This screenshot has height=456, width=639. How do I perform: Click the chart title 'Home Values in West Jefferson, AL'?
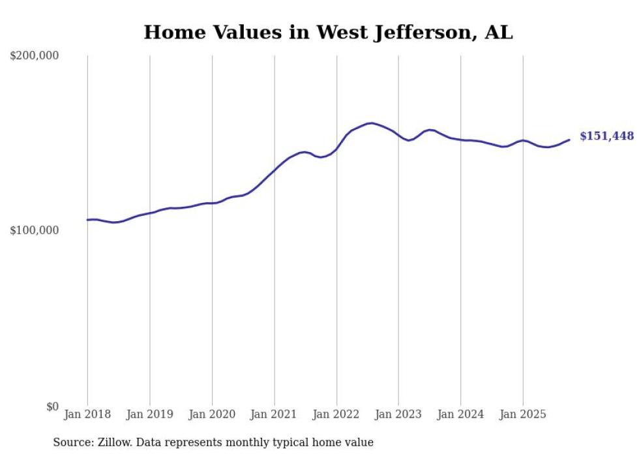pyautogui.click(x=328, y=32)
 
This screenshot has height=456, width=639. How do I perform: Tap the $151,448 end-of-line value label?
pyautogui.click(x=606, y=136)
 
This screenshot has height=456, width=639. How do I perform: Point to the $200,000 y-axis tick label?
pyautogui.click(x=35, y=56)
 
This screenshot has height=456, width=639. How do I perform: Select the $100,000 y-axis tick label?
pyautogui.click(x=35, y=230)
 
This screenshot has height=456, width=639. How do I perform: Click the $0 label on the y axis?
pyautogui.click(x=52, y=406)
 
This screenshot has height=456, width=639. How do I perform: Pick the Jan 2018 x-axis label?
pyautogui.click(x=87, y=414)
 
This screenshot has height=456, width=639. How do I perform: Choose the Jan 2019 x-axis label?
pyautogui.click(x=150, y=414)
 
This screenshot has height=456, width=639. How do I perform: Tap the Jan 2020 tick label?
pyautogui.click(x=212, y=414)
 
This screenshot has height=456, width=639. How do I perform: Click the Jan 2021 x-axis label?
pyautogui.click(x=275, y=414)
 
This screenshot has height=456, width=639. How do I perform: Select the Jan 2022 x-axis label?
pyautogui.click(x=336, y=414)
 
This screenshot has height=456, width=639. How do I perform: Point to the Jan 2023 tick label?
pyautogui.click(x=398, y=414)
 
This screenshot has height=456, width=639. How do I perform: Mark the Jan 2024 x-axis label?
pyautogui.click(x=461, y=414)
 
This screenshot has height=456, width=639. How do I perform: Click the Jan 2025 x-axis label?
pyautogui.click(x=523, y=414)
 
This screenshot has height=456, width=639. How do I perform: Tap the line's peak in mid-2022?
pyautogui.click(x=371, y=123)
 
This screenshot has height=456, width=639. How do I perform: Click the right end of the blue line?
pyautogui.click(x=569, y=140)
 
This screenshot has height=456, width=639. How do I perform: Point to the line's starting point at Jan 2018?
pyautogui.click(x=87, y=220)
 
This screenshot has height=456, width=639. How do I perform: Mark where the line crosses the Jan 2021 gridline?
pyautogui.click(x=275, y=170)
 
